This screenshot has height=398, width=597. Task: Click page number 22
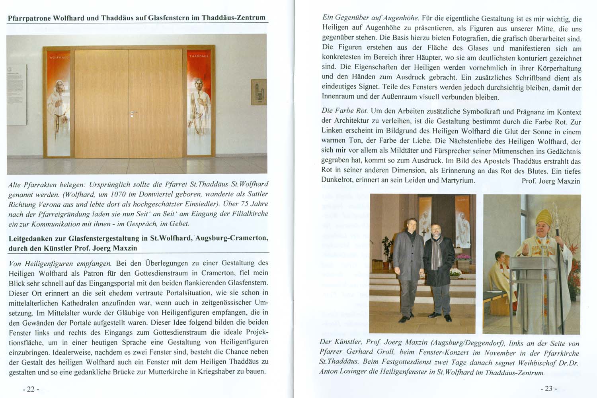coord(31,389)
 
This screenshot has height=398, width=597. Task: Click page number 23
coord(548,388)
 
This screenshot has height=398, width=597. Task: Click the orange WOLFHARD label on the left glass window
coord(59,57)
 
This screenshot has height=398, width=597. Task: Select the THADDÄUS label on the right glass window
coord(199,56)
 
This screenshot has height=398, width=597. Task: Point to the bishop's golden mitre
coord(543,217)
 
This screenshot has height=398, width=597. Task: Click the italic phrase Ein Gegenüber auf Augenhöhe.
coord(370,18)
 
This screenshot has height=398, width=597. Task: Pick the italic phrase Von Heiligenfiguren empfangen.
coord(60,263)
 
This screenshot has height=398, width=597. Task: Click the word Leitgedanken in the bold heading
coord(32,238)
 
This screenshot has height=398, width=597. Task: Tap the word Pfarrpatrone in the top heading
coord(29,18)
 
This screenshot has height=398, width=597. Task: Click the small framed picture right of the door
coord(258,92)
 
